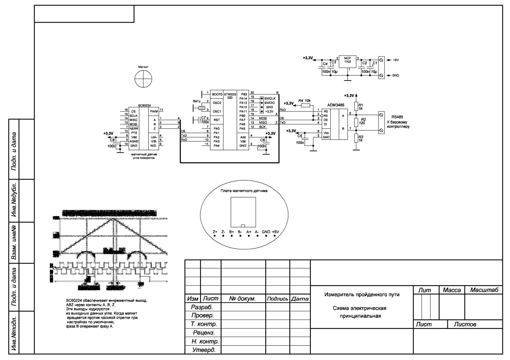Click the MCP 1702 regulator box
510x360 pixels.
point(347,61)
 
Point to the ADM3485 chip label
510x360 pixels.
point(336,103)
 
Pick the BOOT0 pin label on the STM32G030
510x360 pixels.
point(217,94)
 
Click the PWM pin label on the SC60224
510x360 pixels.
point(154,112)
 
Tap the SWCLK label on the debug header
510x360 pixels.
point(270,98)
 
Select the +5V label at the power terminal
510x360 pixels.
point(395,60)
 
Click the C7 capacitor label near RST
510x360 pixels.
point(204,118)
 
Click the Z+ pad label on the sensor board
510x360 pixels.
point(215,232)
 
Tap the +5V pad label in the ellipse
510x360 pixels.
point(275,232)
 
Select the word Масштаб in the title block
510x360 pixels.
point(484,290)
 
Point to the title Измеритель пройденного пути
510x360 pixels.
point(361,295)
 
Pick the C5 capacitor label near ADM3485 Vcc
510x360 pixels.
point(300,136)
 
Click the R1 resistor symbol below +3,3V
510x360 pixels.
point(356,106)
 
